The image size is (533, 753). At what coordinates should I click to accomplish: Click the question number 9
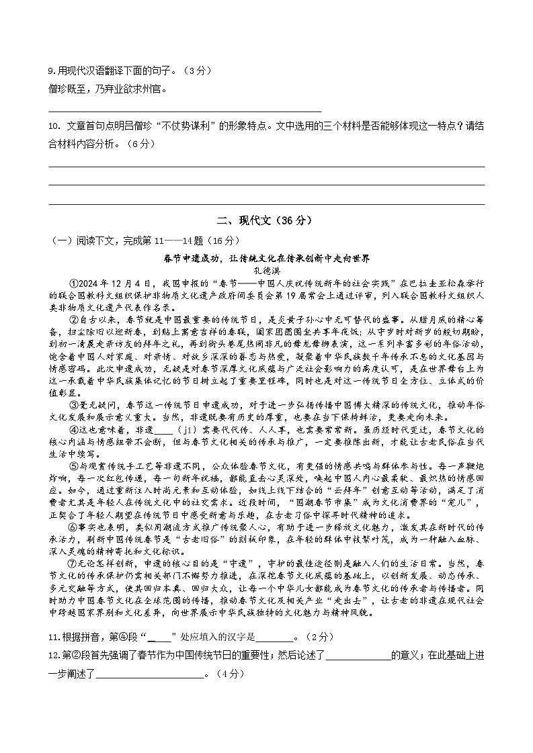point(52,71)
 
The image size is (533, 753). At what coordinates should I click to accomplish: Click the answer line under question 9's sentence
point(185,111)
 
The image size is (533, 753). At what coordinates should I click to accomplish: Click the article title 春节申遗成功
point(267,257)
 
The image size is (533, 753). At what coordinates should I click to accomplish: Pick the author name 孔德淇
point(267,268)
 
